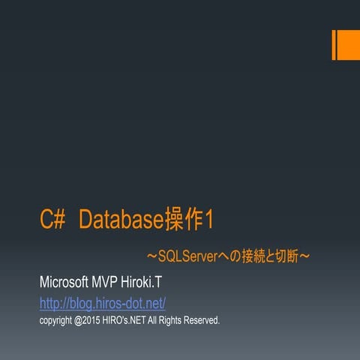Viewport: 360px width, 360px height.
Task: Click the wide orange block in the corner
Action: point(348,46)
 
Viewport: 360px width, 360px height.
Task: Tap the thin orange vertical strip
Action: point(333,46)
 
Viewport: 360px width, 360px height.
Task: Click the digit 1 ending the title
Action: point(210,220)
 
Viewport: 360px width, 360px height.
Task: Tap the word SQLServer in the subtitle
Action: point(187,257)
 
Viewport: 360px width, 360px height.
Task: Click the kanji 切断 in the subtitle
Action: point(288,257)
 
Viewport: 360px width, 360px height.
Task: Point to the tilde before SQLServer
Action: point(151,257)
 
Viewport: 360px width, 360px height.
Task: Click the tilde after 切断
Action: point(305,257)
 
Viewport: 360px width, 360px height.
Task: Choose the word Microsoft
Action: point(64,283)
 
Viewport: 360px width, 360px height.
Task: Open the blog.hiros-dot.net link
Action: point(102,303)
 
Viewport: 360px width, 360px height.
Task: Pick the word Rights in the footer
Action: point(178,320)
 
